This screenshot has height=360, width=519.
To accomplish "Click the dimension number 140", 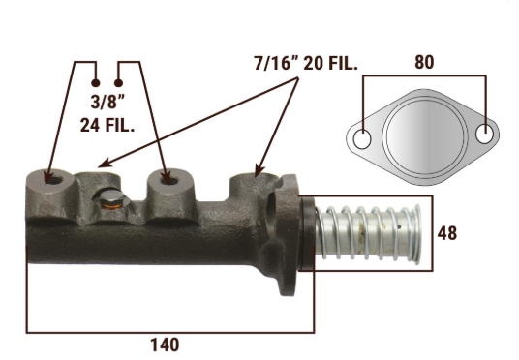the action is (165, 345).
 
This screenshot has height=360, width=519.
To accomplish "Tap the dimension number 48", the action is (446, 233).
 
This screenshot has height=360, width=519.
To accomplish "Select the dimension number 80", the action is (424, 62).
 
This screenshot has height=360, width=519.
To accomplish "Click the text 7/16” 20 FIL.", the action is (306, 63).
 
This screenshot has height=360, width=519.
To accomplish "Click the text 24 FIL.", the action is (107, 125).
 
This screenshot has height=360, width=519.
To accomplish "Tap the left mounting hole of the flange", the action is (362, 139).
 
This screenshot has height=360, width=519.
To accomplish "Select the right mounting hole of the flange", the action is (484, 134).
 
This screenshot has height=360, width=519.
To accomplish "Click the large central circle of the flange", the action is (425, 136).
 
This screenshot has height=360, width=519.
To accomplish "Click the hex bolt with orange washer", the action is (111, 200).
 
